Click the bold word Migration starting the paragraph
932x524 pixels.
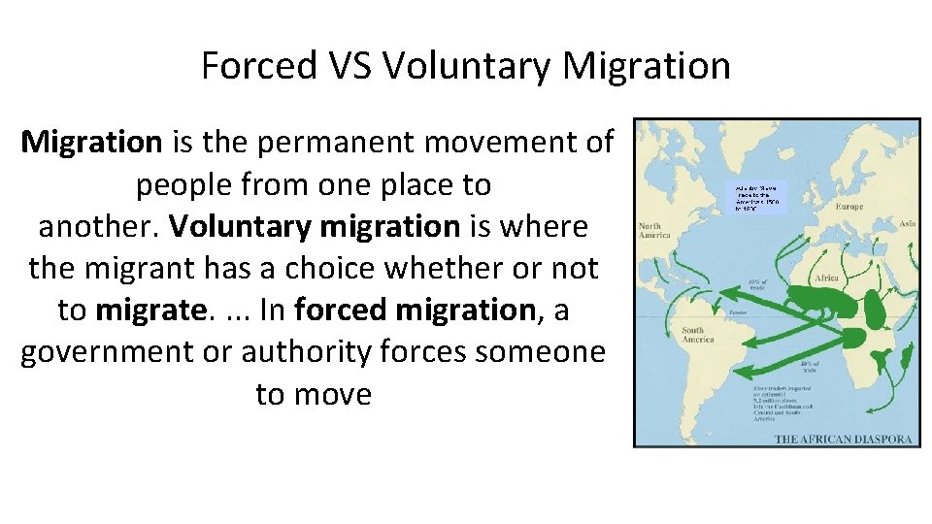pyautogui.click(x=92, y=143)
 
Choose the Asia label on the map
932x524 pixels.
pyautogui.click(x=907, y=223)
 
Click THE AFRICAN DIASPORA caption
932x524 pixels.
pyautogui.click(x=843, y=439)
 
